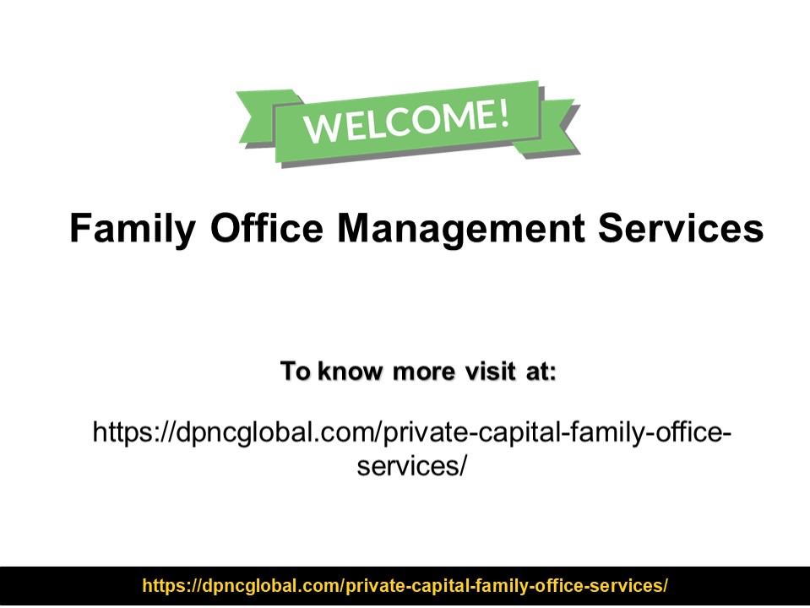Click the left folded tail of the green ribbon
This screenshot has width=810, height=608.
point(258,114)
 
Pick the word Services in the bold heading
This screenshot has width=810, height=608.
point(681,228)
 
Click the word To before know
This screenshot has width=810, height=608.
point(296,371)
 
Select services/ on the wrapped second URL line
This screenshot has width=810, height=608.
point(411,465)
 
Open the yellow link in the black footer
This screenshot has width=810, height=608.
point(405,586)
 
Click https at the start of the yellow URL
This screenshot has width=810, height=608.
point(160,586)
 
